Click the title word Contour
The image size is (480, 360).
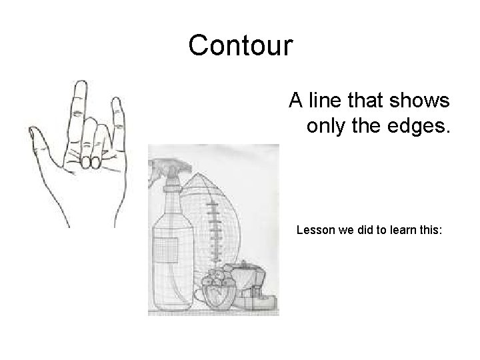coord(240,46)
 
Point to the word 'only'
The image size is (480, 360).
coord(328,125)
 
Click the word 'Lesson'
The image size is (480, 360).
coord(314,231)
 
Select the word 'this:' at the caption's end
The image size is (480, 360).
coord(437,231)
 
